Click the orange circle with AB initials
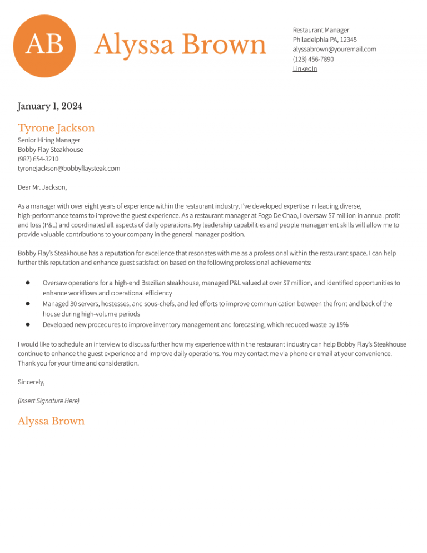coord(44,46)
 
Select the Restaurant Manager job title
coord(321,30)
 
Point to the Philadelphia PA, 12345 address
coord(325,39)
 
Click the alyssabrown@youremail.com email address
coord(334,49)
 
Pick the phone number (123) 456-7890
coord(313,59)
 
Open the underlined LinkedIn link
coord(305,68)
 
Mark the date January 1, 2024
coord(49,106)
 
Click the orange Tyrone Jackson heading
coord(56,128)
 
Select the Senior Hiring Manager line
coord(49,140)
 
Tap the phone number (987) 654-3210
coord(38,159)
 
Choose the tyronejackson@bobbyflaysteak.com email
coord(69,168)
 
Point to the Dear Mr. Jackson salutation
coord(42,187)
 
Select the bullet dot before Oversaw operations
coord(27,283)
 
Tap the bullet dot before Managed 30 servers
coord(27,304)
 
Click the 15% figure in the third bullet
coord(342,324)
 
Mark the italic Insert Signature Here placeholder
coord(48,401)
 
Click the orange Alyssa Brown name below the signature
coord(51,421)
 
